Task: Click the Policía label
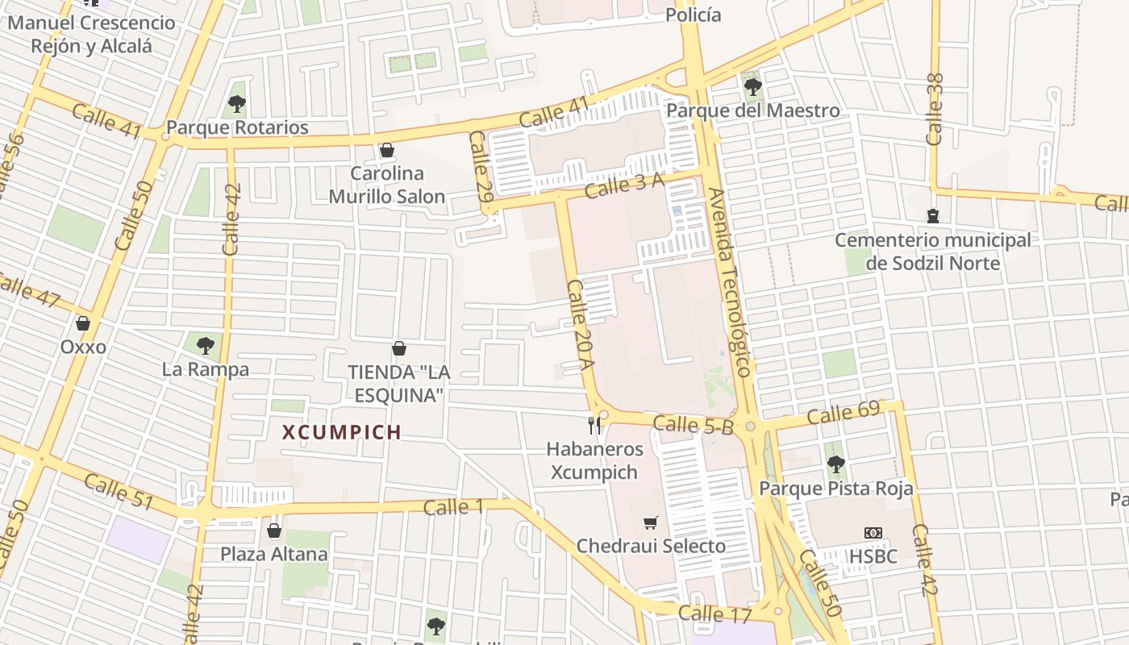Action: click(694, 15)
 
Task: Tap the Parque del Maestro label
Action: click(753, 110)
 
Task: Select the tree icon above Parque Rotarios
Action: click(236, 103)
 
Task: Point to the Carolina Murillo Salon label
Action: click(387, 185)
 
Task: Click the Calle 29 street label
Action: click(480, 166)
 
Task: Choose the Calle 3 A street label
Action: click(625, 186)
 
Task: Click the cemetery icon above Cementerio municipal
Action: click(933, 216)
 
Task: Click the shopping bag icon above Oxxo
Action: click(82, 324)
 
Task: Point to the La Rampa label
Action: click(206, 369)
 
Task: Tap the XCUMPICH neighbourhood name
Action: click(342, 432)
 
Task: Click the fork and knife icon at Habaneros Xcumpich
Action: click(595, 425)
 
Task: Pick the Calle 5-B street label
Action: click(693, 424)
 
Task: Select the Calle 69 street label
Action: click(843, 414)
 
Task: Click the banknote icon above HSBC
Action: click(873, 533)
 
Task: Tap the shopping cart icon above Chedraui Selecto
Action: click(651, 522)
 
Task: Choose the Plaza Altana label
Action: click(274, 554)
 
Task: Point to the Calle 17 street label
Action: click(714, 614)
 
